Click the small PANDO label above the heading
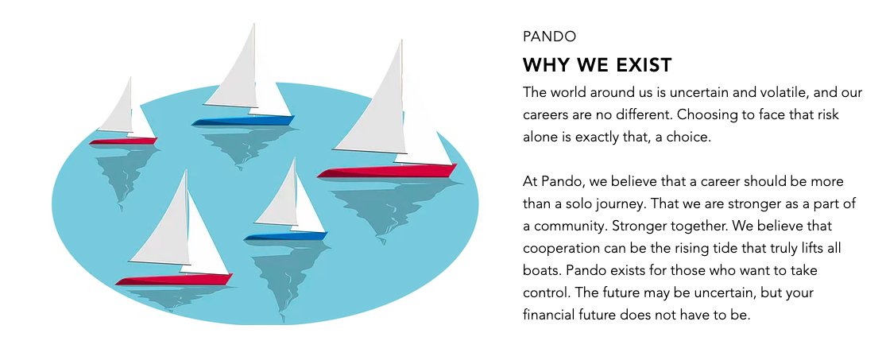pos(549,37)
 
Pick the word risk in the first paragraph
pos(824,114)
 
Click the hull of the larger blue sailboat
pos(242,121)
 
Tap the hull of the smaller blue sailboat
pos(285,236)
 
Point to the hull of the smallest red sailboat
pos(122,141)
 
